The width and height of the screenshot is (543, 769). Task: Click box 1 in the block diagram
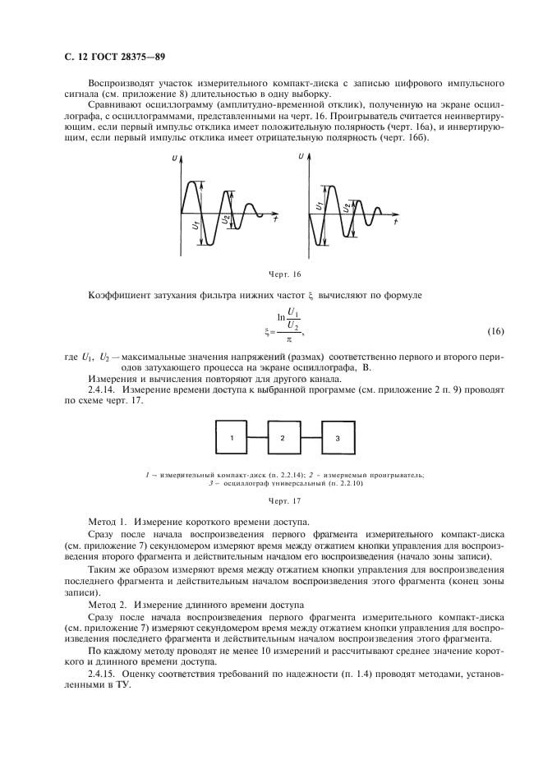[232, 439]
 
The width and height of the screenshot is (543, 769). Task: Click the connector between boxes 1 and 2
[258, 439]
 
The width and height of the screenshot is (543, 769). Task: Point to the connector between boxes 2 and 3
[311, 439]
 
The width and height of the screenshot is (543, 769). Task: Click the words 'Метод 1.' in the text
[108, 522]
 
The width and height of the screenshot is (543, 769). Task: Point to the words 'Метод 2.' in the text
[108, 604]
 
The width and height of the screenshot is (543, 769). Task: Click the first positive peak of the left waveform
[194, 182]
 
